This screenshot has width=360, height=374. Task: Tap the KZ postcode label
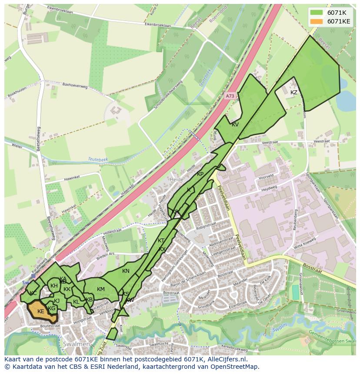(x=294, y=93)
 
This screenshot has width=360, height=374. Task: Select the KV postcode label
(x=235, y=125)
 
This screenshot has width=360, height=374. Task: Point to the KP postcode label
(x=200, y=174)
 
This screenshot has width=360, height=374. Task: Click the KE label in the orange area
(x=41, y=311)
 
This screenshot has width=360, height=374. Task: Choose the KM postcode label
(x=101, y=289)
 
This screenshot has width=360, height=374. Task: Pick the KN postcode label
(x=126, y=271)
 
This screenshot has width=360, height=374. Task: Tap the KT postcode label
(x=161, y=241)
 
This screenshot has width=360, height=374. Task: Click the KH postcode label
(x=54, y=286)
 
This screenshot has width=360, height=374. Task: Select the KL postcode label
(x=76, y=302)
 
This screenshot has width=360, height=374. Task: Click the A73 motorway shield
(x=230, y=96)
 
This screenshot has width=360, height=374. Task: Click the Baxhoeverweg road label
(x=75, y=86)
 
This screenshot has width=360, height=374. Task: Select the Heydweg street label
(x=269, y=188)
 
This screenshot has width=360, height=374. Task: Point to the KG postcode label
(x=52, y=308)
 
